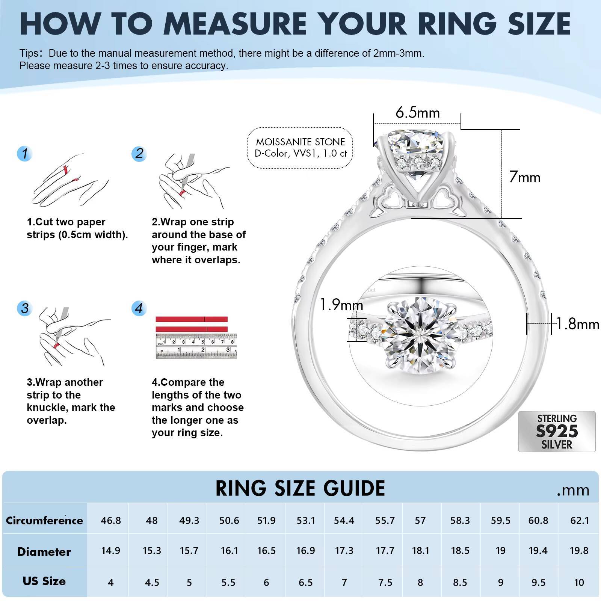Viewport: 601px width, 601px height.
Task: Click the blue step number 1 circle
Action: coord(25,154)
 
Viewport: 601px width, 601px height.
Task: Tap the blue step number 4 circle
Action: coord(139,308)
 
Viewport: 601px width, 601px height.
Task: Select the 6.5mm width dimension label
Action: coord(417,113)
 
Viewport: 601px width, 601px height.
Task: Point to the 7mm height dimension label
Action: coord(525,177)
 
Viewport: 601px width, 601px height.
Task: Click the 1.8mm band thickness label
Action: coord(577,324)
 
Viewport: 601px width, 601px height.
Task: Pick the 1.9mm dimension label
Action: coord(341,305)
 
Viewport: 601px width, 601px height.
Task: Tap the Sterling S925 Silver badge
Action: coord(557,431)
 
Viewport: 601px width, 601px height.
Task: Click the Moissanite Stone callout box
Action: coord(300,148)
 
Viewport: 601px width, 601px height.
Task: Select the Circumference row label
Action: coord(44,521)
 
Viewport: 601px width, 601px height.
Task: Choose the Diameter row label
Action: coord(44,551)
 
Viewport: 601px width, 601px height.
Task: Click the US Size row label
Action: coord(44,581)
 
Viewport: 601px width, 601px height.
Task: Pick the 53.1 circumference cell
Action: coord(305,521)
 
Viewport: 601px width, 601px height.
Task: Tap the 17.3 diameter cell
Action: coord(344,551)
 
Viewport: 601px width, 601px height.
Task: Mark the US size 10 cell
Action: coord(579,583)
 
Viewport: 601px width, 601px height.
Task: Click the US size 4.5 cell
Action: coord(152,583)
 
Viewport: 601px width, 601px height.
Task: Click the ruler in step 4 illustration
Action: coord(196,346)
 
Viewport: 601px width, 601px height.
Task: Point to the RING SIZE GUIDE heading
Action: coord(300,488)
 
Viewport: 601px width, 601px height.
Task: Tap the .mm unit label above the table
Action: coord(573,490)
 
